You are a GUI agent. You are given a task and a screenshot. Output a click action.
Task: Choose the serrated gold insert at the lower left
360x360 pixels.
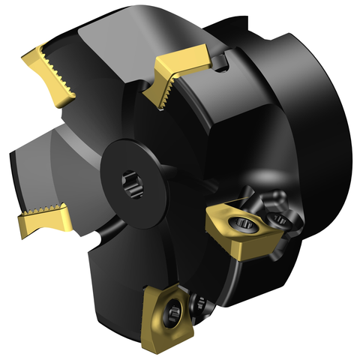coord(42,218)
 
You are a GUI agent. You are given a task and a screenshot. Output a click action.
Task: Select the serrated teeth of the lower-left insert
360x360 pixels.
coord(45,210)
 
